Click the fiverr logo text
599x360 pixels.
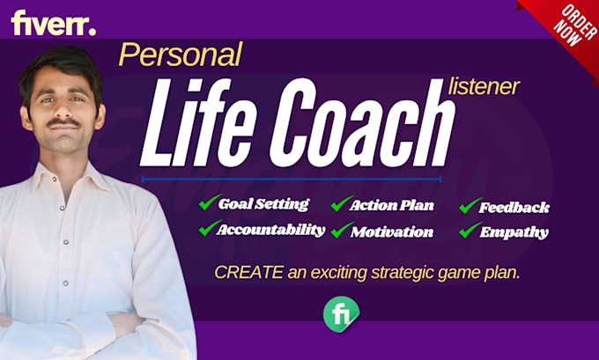click(54, 23)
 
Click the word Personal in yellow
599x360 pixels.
click(181, 55)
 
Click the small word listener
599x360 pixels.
click(484, 86)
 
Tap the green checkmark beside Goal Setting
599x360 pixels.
click(210, 202)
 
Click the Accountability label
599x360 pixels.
click(270, 230)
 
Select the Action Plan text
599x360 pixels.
click(392, 206)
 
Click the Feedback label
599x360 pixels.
click(514, 208)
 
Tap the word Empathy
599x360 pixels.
click(514, 232)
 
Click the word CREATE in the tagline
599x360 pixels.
click(248, 273)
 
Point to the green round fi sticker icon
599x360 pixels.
click(341, 314)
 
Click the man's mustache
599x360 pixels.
click(63, 123)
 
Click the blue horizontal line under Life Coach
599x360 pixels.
click(292, 179)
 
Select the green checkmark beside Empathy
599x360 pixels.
click(470, 231)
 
